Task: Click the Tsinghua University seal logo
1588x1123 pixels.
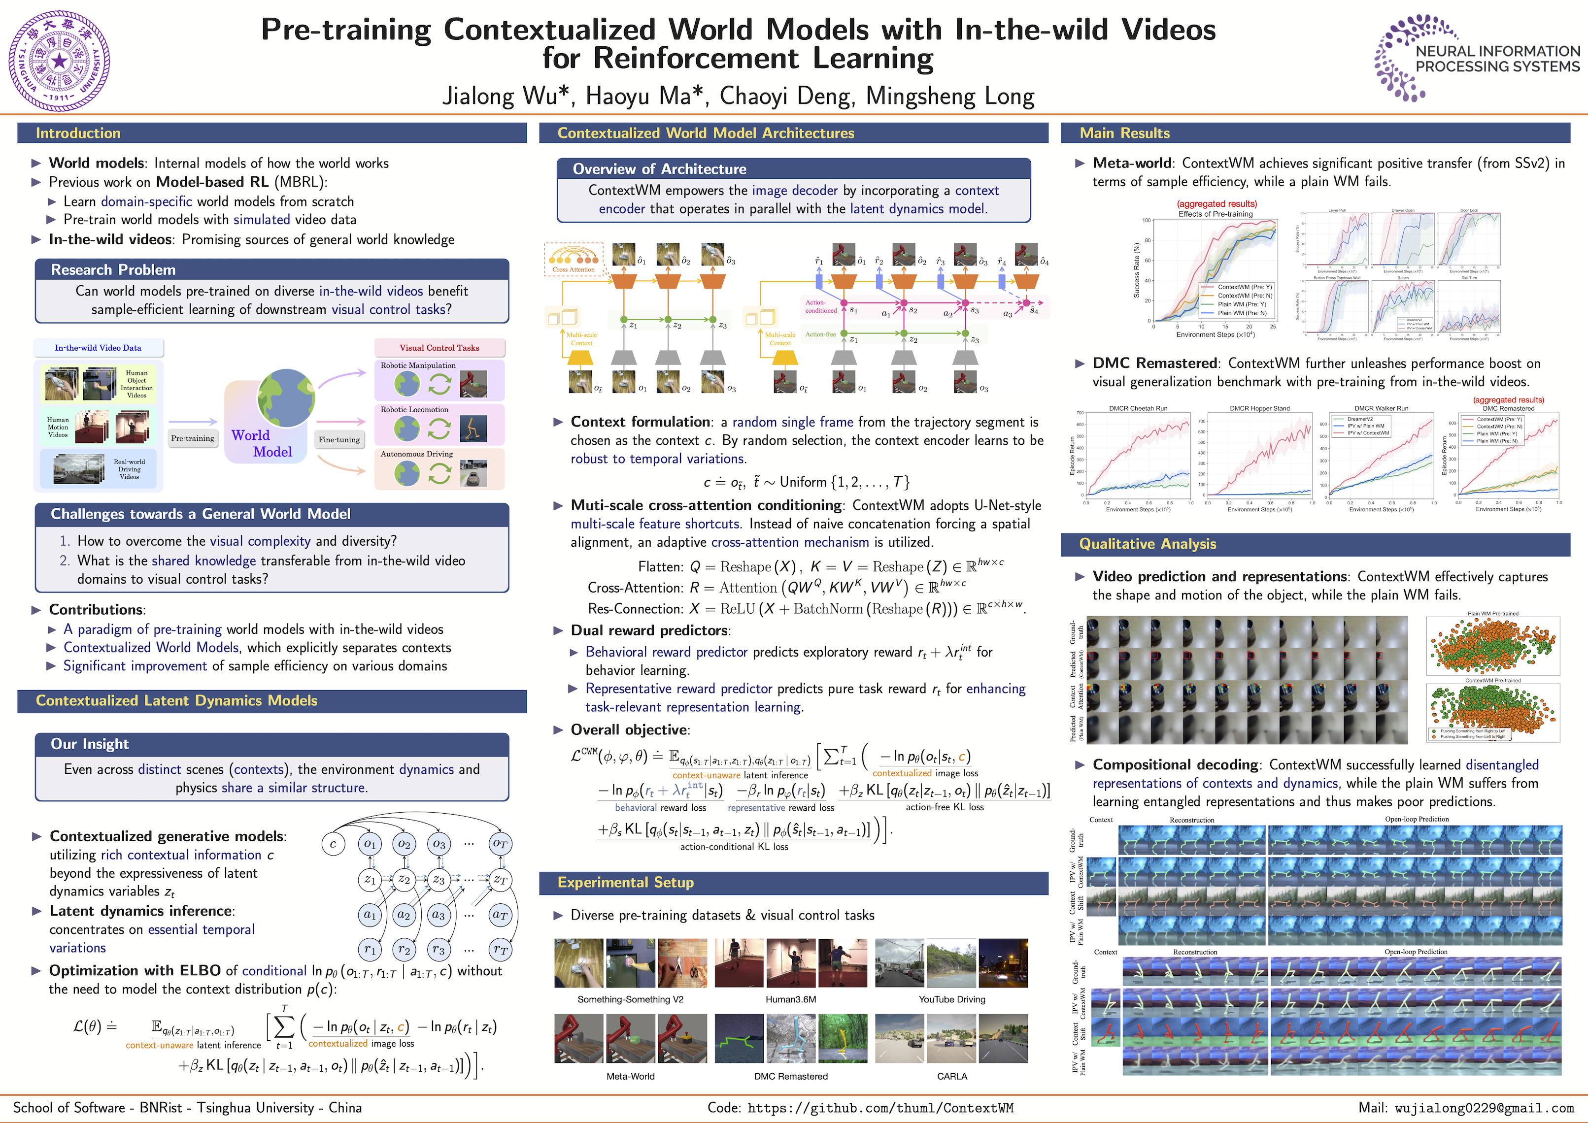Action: [60, 61]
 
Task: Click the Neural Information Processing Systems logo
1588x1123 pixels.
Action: [1476, 59]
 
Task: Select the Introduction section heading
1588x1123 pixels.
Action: [78, 133]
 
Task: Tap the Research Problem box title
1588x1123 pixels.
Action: [113, 270]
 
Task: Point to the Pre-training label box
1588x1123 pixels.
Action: [192, 438]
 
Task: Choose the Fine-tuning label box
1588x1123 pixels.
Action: [339, 439]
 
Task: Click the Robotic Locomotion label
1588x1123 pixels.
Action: [414, 409]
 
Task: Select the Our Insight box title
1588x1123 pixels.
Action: [90, 744]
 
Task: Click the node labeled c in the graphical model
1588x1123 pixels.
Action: [333, 844]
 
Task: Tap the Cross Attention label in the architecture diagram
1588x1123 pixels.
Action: [574, 270]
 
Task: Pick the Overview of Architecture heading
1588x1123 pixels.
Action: [659, 169]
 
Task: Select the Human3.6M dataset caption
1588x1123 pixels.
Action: [790, 999]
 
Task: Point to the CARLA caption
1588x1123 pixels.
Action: [952, 1076]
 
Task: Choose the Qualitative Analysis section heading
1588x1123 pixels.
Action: [1148, 544]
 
